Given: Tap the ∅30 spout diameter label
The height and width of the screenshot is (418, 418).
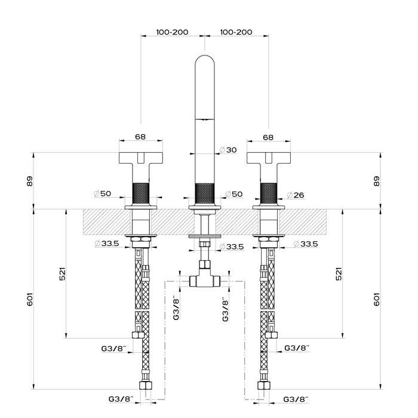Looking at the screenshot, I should click(x=229, y=149).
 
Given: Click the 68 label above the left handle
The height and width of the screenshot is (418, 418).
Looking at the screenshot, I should click(x=140, y=137).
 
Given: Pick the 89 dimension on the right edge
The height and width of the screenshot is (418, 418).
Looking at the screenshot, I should click(x=376, y=181).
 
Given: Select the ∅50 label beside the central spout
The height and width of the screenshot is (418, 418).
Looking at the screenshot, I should click(x=233, y=195).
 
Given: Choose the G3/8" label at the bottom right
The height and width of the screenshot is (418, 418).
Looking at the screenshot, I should click(x=296, y=398).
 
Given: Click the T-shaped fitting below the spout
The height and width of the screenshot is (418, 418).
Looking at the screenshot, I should click(x=204, y=278).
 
